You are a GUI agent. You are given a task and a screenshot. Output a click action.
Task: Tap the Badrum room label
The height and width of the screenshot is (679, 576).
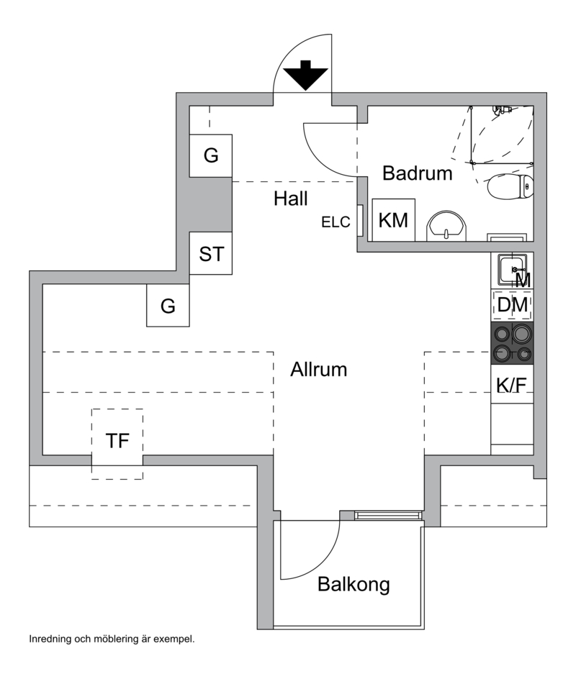coord(417,173)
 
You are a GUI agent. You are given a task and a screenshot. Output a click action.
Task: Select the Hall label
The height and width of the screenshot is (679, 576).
coord(290,199)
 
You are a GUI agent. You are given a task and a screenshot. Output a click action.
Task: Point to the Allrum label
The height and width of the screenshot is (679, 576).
coord(319,370)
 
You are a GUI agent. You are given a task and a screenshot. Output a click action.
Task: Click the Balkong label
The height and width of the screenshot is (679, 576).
coord(354,584)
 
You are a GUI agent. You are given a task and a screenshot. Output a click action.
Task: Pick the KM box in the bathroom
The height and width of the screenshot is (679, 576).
coord(393,220)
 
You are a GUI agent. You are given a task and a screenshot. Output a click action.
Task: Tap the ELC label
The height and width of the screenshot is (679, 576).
coord(336,223)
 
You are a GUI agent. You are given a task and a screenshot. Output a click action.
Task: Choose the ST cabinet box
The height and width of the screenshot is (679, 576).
coord(211,253)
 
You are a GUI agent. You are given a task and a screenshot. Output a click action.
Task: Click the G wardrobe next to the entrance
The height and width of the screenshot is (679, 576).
coord(210,155)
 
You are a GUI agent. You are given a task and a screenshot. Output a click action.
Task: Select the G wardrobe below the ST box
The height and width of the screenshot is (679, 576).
coord(168,306)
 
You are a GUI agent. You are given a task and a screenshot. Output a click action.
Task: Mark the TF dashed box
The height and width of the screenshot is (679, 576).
coord(117,441)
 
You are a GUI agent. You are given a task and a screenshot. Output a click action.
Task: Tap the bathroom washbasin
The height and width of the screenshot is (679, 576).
coord(447,227)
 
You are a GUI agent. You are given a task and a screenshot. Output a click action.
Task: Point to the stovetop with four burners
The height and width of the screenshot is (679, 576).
coord(512,343)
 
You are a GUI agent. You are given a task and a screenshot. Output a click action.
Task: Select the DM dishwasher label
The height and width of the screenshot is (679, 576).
coord(513,306)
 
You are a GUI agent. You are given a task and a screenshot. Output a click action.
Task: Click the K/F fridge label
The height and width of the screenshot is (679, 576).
coord(512,386)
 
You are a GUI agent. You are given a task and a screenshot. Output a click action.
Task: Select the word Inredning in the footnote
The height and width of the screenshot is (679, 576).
coord(50,638)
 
